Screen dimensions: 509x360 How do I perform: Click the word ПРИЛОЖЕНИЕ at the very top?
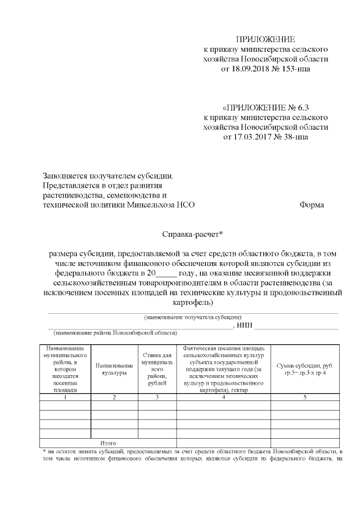pos(265,39)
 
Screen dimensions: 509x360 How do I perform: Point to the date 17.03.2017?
pos(250,137)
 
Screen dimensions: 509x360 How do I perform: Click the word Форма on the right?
pos(312,205)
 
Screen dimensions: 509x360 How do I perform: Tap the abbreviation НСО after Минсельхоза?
pos(184,205)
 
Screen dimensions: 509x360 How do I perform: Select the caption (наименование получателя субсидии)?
pos(193,317)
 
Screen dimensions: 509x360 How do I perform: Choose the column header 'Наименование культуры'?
pos(114,369)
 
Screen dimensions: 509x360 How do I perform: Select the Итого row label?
pos(107,443)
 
